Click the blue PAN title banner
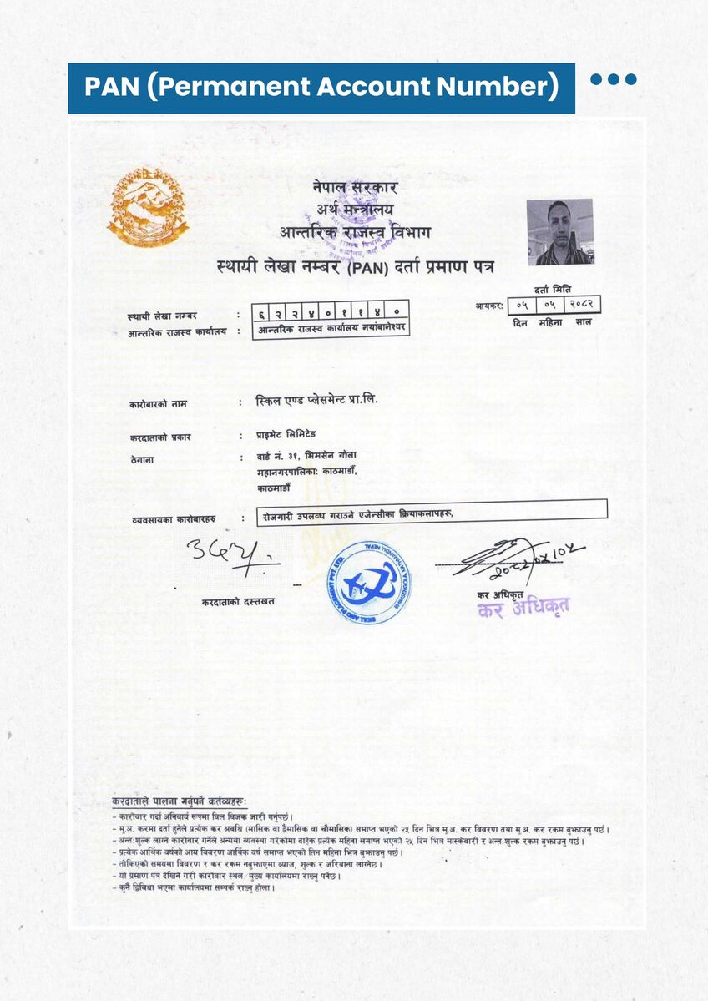tap(321, 88)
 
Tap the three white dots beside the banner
tap(614, 80)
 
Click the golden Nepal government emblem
tap(147, 206)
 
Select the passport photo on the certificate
tap(559, 231)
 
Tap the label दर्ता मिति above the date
tap(553, 287)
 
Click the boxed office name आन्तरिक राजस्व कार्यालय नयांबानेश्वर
tap(331, 328)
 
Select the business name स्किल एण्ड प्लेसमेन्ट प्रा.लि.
tap(317, 400)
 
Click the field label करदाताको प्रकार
tap(160, 437)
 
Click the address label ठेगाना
tap(143, 458)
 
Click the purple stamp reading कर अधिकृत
tap(523, 608)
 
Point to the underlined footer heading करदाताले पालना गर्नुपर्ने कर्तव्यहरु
tap(179, 801)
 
